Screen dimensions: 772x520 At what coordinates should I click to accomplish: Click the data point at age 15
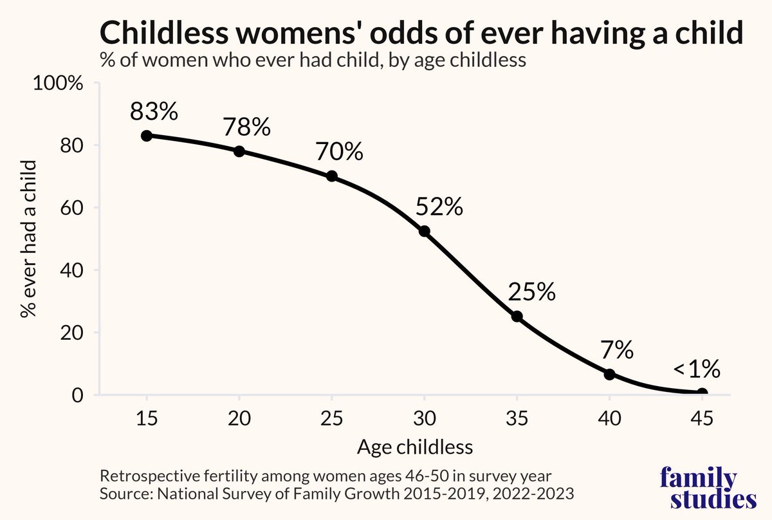pos(147,136)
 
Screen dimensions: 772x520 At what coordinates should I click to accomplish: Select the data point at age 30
pos(424,231)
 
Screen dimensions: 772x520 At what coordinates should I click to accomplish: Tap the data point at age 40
pos(609,374)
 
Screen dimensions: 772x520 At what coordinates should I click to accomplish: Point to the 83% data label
pos(154,111)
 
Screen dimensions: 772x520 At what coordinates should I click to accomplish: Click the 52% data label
pos(439,207)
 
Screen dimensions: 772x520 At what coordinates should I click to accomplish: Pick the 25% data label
pos(532,292)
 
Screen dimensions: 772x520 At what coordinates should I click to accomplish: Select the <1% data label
pos(697,369)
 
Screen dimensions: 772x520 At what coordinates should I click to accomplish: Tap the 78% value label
pos(247,127)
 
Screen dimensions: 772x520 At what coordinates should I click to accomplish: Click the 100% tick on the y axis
pos(58,84)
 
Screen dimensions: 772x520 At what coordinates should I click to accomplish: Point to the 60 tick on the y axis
pos(71,209)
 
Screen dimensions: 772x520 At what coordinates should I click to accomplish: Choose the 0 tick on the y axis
pos(78,396)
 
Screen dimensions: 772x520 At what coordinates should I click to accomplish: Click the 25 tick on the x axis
pos(331,418)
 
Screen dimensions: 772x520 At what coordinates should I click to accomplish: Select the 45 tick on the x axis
pos(702,418)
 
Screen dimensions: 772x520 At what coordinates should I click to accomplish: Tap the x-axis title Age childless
pos(415,447)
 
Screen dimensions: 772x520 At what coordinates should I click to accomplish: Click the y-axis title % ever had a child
pos(28,239)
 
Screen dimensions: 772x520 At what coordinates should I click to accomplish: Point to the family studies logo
pos(708,487)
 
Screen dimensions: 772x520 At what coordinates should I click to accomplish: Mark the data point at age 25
pos(331,176)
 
